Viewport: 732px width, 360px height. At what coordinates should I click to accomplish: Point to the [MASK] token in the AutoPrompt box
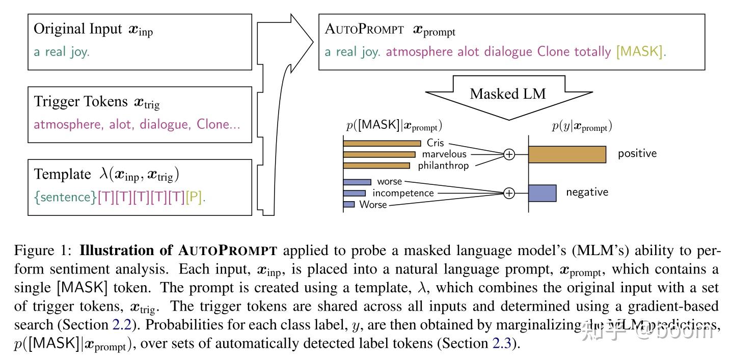tap(640, 51)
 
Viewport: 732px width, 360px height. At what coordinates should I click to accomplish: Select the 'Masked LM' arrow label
tap(507, 94)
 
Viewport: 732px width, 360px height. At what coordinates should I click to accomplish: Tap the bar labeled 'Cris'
tap(382, 144)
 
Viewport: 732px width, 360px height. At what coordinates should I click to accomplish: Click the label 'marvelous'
tap(444, 154)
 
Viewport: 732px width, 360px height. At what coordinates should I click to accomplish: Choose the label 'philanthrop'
tap(443, 165)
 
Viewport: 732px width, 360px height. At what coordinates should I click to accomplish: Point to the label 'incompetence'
tap(403, 193)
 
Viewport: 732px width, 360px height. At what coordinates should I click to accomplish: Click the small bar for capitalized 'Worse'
tap(349, 205)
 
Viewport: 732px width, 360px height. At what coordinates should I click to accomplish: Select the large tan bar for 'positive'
tap(567, 154)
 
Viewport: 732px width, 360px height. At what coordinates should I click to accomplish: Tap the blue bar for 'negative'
tap(542, 193)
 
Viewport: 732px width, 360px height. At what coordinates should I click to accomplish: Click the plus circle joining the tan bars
tap(509, 154)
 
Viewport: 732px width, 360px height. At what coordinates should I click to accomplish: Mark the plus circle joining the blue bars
tap(509, 193)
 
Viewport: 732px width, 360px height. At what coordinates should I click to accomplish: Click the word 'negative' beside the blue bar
tap(587, 192)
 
